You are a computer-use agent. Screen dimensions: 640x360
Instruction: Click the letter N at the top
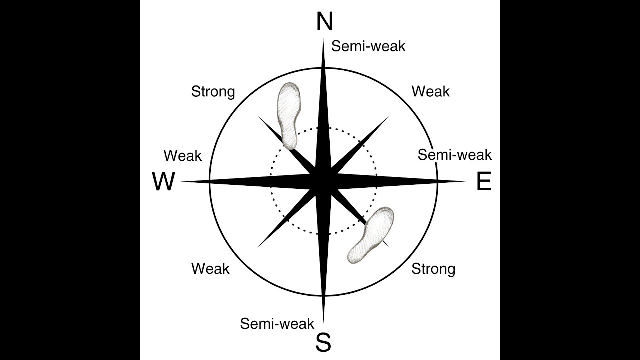pyautogui.click(x=325, y=21)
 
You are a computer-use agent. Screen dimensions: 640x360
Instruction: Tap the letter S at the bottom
pyautogui.click(x=323, y=342)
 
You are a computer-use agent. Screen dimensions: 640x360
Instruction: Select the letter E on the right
pyautogui.click(x=484, y=181)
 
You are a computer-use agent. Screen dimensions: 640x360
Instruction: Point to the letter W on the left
pyautogui.click(x=163, y=181)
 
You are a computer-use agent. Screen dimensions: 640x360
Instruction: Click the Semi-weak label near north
pyautogui.click(x=368, y=46)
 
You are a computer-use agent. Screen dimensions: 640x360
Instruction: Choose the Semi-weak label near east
pyautogui.click(x=455, y=155)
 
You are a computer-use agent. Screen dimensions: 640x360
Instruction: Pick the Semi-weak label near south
pyautogui.click(x=277, y=323)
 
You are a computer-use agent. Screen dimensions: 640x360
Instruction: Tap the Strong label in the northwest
pyautogui.click(x=213, y=92)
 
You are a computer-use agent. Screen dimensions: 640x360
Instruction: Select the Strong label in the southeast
pyautogui.click(x=433, y=269)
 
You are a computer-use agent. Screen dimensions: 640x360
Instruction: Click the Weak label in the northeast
pyautogui.click(x=431, y=91)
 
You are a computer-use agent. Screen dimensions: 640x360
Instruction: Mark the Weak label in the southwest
pyautogui.click(x=210, y=269)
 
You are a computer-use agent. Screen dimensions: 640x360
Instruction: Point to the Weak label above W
pyautogui.click(x=183, y=156)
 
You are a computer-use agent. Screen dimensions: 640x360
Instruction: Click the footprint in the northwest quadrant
pyautogui.click(x=289, y=116)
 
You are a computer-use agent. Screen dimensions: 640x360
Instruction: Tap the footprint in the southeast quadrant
pyautogui.click(x=371, y=235)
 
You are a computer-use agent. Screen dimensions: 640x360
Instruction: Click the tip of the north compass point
pyautogui.click(x=323, y=38)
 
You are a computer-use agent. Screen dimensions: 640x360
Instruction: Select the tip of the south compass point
pyautogui.click(x=323, y=325)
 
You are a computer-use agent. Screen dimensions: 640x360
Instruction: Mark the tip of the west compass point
pyautogui.click(x=180, y=181)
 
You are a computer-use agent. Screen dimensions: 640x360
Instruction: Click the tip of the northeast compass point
pyautogui.click(x=389, y=116)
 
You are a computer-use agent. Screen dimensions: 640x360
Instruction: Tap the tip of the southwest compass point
pyautogui.click(x=258, y=247)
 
